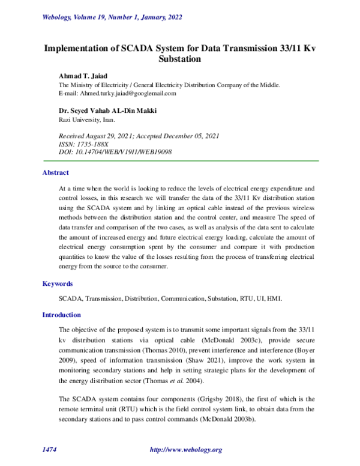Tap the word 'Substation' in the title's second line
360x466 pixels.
click(x=179, y=59)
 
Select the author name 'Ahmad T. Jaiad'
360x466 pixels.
click(x=82, y=76)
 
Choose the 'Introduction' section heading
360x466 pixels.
click(x=61, y=315)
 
